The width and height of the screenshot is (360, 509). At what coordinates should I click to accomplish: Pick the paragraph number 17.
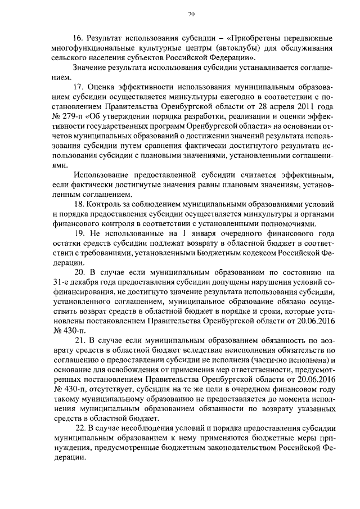(79, 87)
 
